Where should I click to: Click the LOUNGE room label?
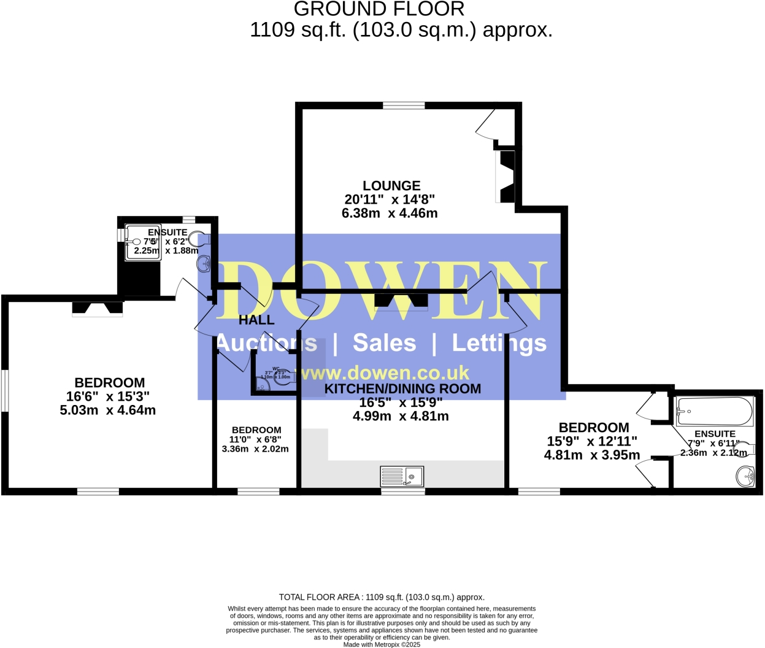click(x=391, y=185)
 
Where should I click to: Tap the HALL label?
click(x=256, y=320)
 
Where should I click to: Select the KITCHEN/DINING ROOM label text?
click(x=402, y=388)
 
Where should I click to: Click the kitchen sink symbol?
click(x=402, y=476)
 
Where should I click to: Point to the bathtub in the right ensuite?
click(x=714, y=412)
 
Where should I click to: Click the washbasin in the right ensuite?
click(x=745, y=476)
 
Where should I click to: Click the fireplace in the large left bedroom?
click(x=97, y=308)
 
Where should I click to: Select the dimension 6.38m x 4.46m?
click(x=390, y=214)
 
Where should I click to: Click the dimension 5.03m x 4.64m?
click(x=107, y=411)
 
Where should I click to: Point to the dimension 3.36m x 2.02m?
click(x=255, y=449)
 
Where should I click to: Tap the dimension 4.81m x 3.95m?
click(x=592, y=455)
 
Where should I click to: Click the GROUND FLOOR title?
click(x=379, y=9)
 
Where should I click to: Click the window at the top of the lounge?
click(x=404, y=106)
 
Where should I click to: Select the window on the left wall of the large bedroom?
click(x=4, y=390)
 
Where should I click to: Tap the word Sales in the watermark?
click(x=384, y=343)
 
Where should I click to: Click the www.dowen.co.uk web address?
click(x=385, y=373)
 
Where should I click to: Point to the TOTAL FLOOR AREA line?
click(x=382, y=597)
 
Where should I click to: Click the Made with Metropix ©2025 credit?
click(x=382, y=644)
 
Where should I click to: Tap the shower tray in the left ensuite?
click(x=144, y=242)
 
